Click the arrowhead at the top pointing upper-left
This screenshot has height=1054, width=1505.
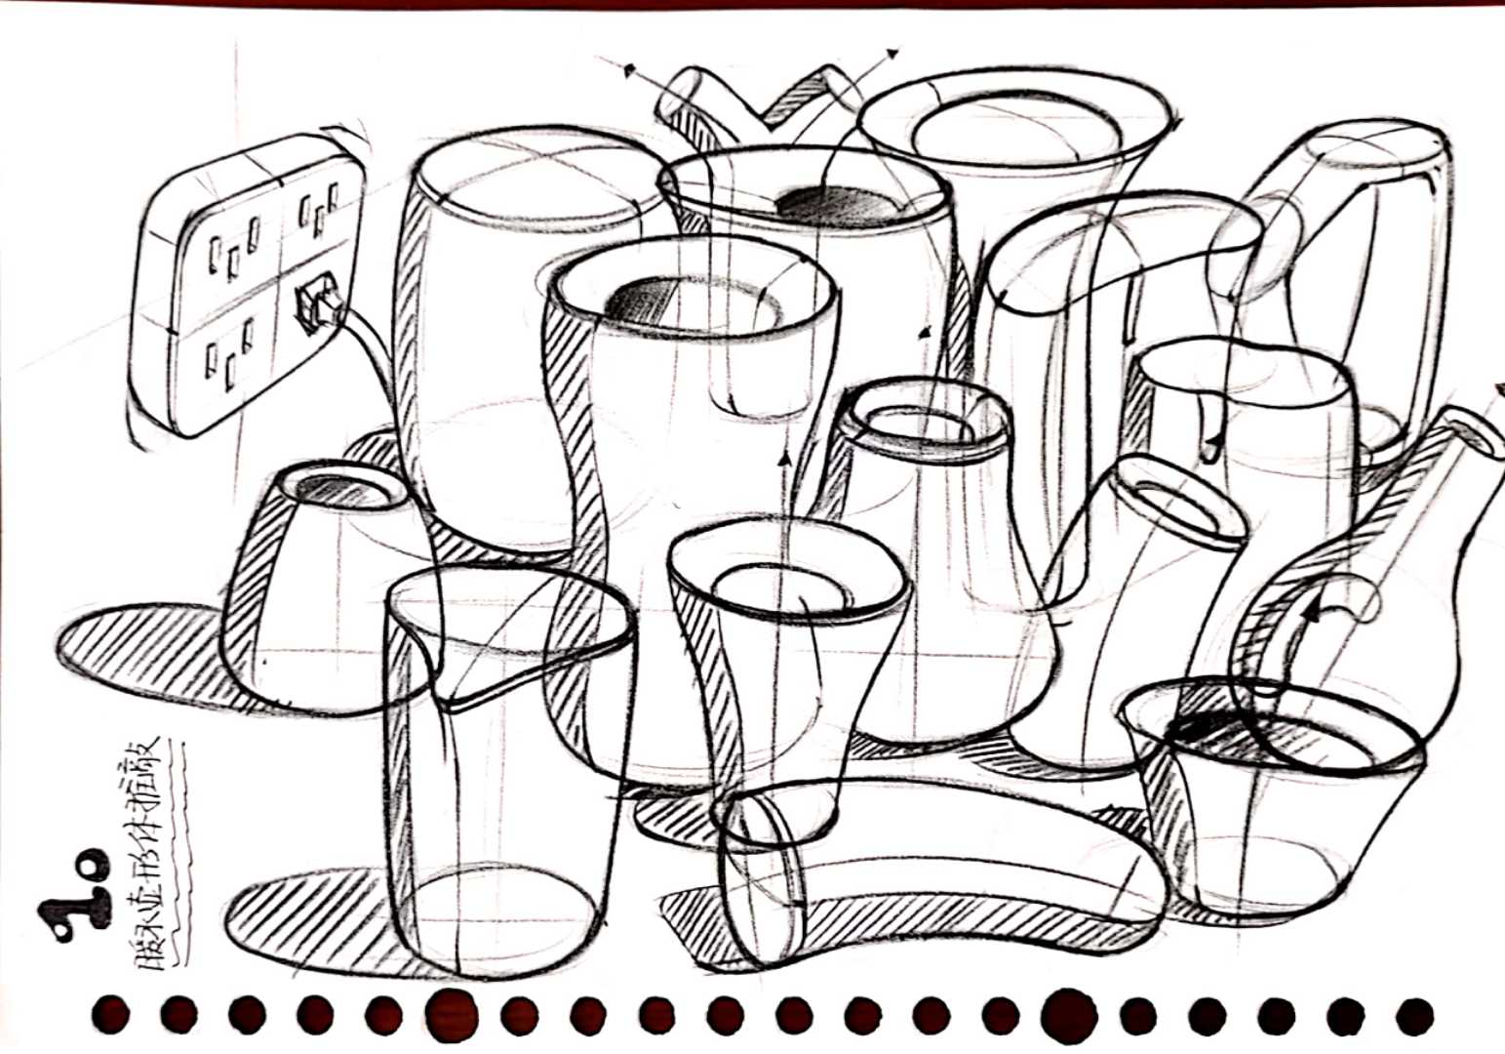point(630,71)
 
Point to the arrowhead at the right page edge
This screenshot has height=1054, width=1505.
point(1497,391)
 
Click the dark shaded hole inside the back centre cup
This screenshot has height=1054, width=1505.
point(837,206)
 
